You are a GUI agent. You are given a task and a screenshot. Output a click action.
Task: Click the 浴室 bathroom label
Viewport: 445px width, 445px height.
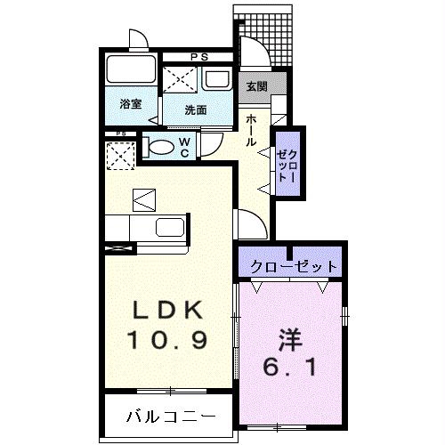(131, 104)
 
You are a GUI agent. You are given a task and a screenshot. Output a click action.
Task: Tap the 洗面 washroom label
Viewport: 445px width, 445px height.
(196, 110)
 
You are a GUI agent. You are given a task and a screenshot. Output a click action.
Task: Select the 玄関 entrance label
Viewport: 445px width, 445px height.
(257, 86)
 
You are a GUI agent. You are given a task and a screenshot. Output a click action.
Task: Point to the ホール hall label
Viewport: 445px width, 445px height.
(251, 130)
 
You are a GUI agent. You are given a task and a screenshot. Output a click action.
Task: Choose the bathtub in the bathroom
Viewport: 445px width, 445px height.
(131, 69)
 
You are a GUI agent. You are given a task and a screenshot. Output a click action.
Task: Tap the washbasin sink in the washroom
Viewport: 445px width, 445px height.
(216, 79)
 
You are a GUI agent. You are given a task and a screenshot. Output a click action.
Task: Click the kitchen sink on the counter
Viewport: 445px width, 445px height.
(170, 228)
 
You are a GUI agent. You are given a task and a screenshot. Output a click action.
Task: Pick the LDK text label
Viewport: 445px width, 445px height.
(167, 310)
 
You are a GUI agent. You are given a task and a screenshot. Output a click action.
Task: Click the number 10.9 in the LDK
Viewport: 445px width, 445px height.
(167, 340)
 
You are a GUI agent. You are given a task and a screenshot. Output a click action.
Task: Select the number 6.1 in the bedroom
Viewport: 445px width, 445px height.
(289, 367)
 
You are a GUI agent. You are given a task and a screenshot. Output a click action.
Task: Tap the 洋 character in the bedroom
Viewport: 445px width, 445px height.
(290, 340)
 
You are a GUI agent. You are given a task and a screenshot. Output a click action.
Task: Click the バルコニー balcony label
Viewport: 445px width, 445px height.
(171, 417)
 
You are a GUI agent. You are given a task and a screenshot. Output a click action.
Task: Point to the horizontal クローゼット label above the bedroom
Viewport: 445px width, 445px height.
(294, 267)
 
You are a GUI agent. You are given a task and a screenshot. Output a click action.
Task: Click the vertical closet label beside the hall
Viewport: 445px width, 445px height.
(287, 166)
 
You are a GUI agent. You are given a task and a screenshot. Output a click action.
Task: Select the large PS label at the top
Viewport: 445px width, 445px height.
(199, 57)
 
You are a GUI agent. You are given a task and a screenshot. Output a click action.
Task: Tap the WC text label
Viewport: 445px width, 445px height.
(184, 148)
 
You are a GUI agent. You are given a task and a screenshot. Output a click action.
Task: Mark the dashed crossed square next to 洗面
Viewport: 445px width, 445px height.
(180, 79)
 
